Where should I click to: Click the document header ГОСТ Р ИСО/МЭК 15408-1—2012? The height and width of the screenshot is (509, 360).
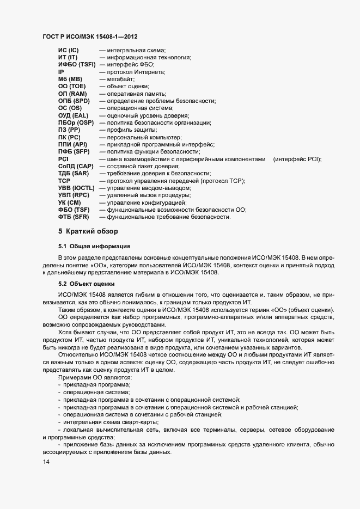tap(90, 36)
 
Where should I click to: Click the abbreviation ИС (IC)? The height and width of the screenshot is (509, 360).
tap(69, 50)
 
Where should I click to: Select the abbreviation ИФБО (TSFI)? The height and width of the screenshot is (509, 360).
tap(77, 65)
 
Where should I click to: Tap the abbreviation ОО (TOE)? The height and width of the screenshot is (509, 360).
tap(71, 87)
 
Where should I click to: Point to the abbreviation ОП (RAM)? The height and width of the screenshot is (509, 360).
tap(72, 94)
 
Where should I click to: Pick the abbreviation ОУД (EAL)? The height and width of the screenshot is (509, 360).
tap(73, 115)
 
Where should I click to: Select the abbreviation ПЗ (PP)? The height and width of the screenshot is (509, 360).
tap(69, 130)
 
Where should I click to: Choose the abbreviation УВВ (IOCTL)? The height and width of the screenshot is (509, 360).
tap(77, 188)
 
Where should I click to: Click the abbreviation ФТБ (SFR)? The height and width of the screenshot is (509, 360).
tap(74, 217)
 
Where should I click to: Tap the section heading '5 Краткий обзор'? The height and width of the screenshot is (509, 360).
tap(88, 232)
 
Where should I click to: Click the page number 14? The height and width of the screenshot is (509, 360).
tap(46, 462)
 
